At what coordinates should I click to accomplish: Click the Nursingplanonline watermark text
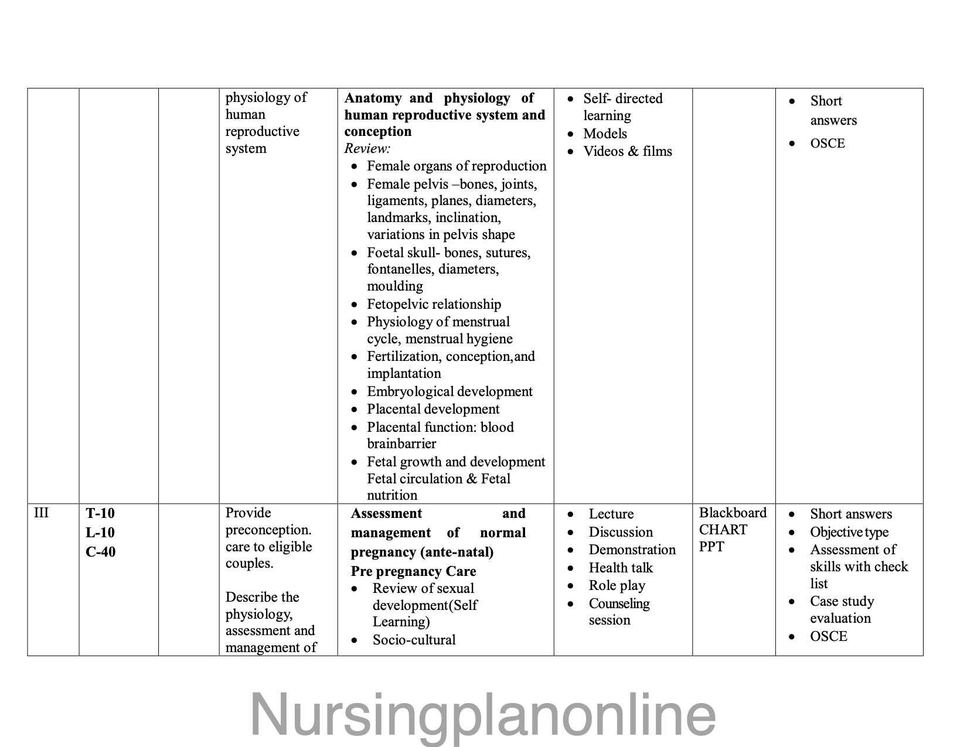[483, 714]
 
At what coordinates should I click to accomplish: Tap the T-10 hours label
[100, 513]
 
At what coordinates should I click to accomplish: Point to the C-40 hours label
[100, 552]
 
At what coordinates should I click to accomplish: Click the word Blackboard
[733, 513]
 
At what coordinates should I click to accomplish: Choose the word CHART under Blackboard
[723, 530]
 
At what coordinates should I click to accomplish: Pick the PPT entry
[711, 547]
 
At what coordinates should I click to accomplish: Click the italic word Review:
[367, 148]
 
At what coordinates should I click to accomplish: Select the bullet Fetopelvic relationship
[434, 304]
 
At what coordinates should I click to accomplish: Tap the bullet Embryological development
[450, 391]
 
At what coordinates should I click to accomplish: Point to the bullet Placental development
[433, 409]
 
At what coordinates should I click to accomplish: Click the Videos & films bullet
[627, 151]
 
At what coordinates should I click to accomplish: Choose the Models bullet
[605, 134]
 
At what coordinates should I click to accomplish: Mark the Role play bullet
[617, 585]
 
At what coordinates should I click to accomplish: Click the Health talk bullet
[620, 568]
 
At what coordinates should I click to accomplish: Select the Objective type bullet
[849, 532]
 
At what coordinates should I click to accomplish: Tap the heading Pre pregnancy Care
[413, 571]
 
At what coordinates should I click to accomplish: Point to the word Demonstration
[632, 550]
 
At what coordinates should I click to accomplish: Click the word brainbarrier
[401, 444]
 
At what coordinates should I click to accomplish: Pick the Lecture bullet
[611, 514]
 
